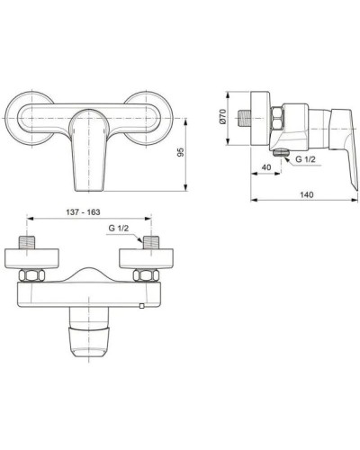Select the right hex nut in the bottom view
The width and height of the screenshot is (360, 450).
148,275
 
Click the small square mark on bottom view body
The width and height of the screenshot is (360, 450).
140,309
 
